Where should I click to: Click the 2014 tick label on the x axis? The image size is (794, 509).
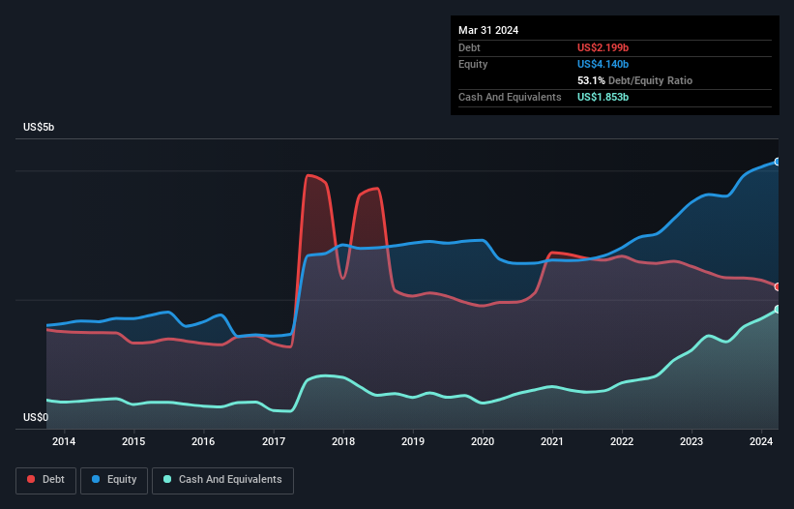click(x=64, y=442)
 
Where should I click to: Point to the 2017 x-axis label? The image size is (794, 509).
click(x=274, y=442)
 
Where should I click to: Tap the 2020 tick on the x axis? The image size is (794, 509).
click(x=483, y=442)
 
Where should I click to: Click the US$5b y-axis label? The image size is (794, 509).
click(x=40, y=128)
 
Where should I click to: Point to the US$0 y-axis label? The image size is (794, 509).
click(x=35, y=418)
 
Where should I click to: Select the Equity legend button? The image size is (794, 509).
click(x=114, y=480)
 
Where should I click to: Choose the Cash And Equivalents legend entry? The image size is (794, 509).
click(x=222, y=480)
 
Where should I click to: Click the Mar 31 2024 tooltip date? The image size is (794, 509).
click(x=488, y=30)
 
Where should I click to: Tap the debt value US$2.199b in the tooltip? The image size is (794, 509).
click(x=603, y=47)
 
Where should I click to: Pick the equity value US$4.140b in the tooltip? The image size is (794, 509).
click(x=603, y=64)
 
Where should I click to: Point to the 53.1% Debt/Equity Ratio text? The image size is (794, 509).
click(x=634, y=81)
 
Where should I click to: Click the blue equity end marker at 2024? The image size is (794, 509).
click(x=778, y=162)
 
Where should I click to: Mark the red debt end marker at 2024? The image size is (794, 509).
click(x=778, y=286)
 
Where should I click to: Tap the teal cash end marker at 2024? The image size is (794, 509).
click(x=778, y=310)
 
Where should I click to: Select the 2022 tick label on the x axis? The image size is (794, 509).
click(x=622, y=442)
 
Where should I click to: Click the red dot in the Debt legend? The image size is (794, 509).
click(x=31, y=480)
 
